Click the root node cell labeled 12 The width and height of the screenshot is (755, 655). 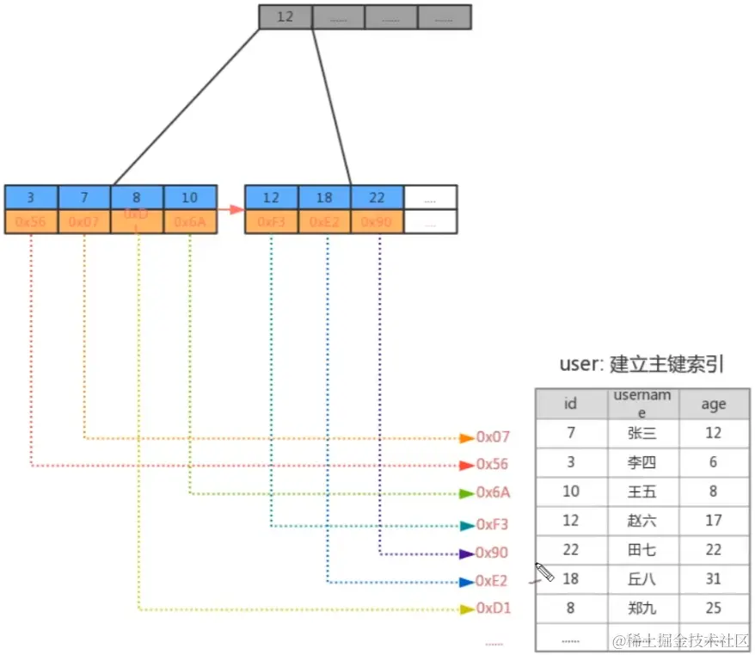click(x=285, y=17)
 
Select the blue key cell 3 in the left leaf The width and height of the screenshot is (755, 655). click(x=31, y=197)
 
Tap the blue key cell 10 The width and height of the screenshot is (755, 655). click(x=190, y=197)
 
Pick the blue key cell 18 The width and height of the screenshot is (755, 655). click(x=325, y=197)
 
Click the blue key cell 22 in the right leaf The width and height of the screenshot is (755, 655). click(x=377, y=197)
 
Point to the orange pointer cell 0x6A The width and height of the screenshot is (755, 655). click(x=190, y=222)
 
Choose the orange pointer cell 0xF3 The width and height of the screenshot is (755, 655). click(x=272, y=222)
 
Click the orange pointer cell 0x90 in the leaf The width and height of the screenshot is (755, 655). click(x=377, y=222)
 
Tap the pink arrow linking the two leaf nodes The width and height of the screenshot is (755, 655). click(x=230, y=209)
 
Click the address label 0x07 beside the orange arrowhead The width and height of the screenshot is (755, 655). click(x=493, y=437)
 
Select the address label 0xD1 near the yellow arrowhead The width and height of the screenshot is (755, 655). click(x=494, y=609)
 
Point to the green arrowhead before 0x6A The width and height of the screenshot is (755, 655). click(x=467, y=493)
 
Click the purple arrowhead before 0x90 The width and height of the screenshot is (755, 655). click(x=467, y=553)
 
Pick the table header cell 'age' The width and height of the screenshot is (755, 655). click(x=713, y=404)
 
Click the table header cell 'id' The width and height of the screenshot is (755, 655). click(x=570, y=404)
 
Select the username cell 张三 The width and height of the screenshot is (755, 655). click(x=641, y=433)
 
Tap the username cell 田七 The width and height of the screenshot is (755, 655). click(x=641, y=550)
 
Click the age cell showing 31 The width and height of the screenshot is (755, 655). click(x=713, y=579)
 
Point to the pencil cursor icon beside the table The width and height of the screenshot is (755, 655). click(x=544, y=572)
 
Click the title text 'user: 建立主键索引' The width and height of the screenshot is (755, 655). click(x=641, y=364)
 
